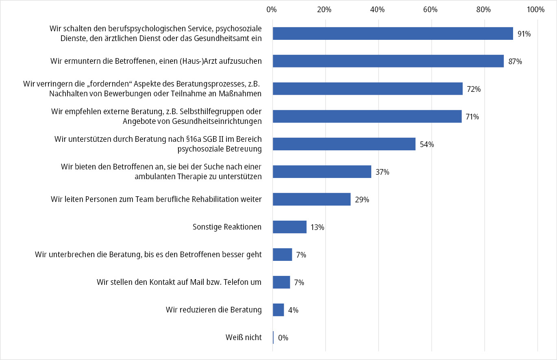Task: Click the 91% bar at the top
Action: [x=392, y=34]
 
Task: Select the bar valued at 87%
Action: [x=388, y=61]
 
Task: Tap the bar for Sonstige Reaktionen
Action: [x=289, y=227]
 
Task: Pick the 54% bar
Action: [x=344, y=144]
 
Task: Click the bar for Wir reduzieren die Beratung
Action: [x=278, y=310]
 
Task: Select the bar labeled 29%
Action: [x=311, y=200]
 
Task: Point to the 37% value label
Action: [x=382, y=172]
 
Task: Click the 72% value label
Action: [x=474, y=89]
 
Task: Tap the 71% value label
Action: [x=472, y=117]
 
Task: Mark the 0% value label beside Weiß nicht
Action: [x=283, y=338]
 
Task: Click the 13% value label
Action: [x=317, y=228]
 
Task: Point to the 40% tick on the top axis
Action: [x=378, y=10]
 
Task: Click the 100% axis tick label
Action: [x=535, y=10]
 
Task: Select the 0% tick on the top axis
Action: [x=272, y=10]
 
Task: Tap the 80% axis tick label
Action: [x=484, y=10]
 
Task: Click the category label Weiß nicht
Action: [x=244, y=337]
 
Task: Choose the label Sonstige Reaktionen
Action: [x=227, y=227]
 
